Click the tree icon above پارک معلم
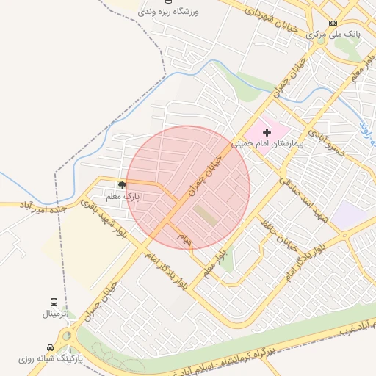(x=122, y=185)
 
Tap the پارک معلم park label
(x=122, y=197)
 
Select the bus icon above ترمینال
(x=54, y=302)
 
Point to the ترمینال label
(x=54, y=314)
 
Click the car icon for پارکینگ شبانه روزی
(x=50, y=347)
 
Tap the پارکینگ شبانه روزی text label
(x=50, y=359)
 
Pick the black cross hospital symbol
(x=267, y=131)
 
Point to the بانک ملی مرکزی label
(x=333, y=35)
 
